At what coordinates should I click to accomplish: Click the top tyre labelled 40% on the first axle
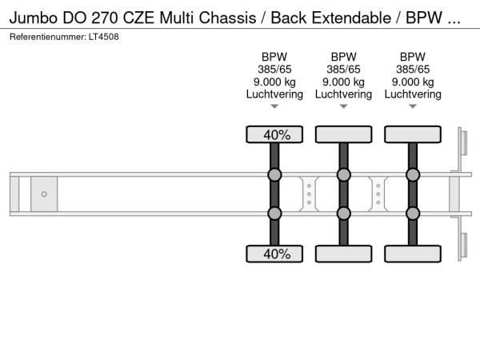pos(274,134)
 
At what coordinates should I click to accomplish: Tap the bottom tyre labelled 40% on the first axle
pos(274,254)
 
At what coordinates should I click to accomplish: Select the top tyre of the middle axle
pos(343,134)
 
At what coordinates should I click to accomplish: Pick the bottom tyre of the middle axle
pos(343,254)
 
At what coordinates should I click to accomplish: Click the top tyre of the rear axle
pos(413,134)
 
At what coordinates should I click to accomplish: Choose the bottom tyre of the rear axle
pos(413,254)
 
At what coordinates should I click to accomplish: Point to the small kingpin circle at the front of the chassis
pos(44,194)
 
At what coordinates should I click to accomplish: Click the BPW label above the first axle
pos(274,57)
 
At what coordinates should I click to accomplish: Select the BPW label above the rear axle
pos(413,57)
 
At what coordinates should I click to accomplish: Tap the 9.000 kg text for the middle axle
pos(343,82)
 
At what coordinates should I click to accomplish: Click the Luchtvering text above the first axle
pos(274,94)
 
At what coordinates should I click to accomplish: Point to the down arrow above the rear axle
pos(413,106)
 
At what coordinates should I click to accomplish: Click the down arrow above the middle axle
pos(343,106)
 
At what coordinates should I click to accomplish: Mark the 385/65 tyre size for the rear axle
pos(413,69)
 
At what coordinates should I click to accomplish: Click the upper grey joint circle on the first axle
pos(274,175)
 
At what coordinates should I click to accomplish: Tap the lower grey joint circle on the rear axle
pos(413,213)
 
